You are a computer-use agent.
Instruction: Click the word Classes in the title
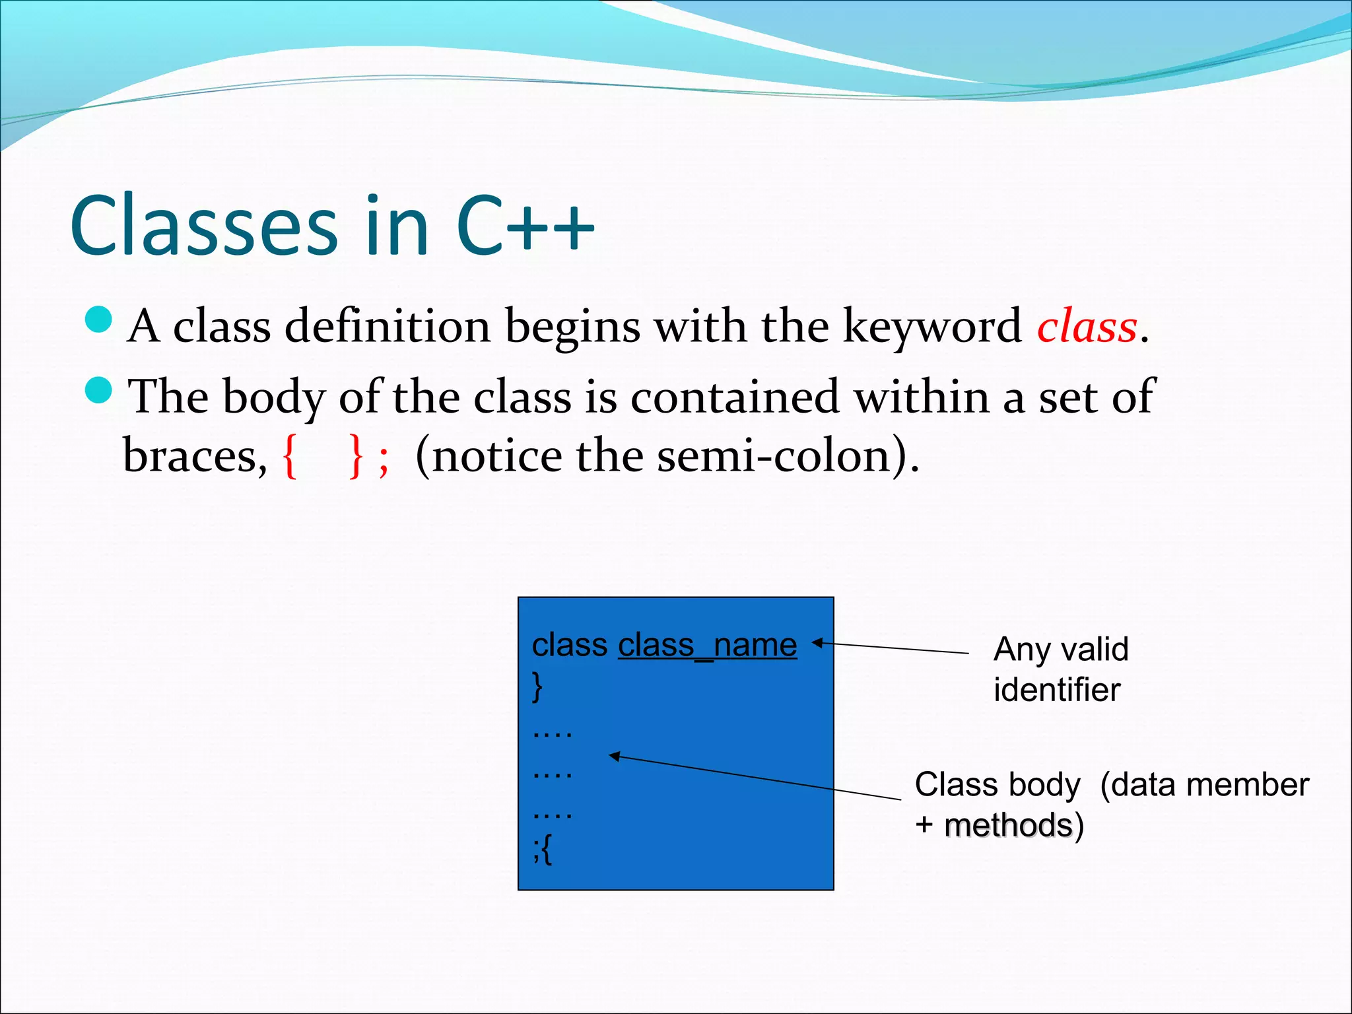pyautogui.click(x=205, y=226)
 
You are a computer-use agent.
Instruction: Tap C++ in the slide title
pyautogui.click(x=525, y=226)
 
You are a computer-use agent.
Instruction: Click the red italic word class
pyautogui.click(x=1087, y=327)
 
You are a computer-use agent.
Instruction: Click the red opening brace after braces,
pyautogui.click(x=289, y=456)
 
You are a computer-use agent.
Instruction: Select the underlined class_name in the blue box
pyautogui.click(x=707, y=645)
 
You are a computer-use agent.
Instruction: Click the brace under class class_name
pyautogui.click(x=537, y=687)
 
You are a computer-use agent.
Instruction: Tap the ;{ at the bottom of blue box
pyautogui.click(x=543, y=849)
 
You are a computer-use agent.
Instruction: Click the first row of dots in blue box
pyautogui.click(x=552, y=733)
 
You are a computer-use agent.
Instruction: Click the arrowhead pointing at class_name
pyautogui.click(x=817, y=642)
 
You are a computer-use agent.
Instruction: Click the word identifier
pyautogui.click(x=1057, y=690)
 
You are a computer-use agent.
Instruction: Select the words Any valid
pyautogui.click(x=1061, y=649)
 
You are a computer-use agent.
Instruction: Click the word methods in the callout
pyautogui.click(x=1009, y=825)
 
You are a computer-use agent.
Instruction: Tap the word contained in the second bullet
pyautogui.click(x=734, y=397)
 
